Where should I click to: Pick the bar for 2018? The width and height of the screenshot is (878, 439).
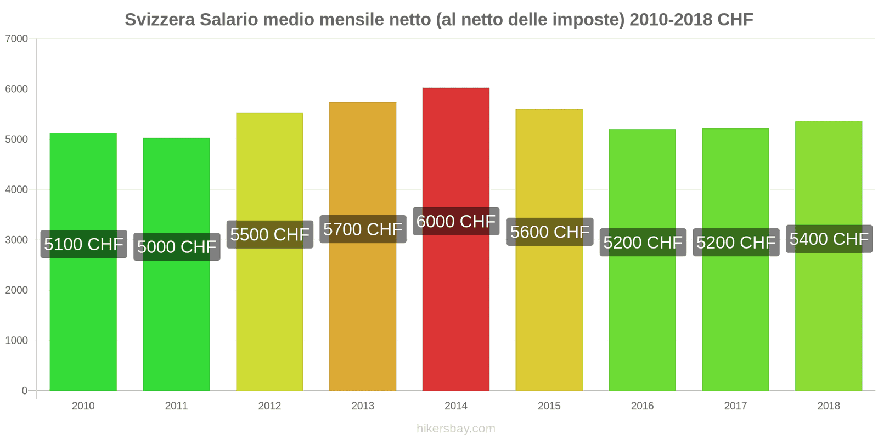pyautogui.click(x=829, y=318)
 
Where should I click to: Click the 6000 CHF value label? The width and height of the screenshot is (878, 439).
pyautogui.click(x=456, y=222)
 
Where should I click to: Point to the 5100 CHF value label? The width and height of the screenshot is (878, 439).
pyautogui.click(x=83, y=244)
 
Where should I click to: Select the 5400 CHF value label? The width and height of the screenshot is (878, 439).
pyautogui.click(x=829, y=239)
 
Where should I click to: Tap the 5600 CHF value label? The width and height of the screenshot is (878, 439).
pyautogui.click(x=549, y=232)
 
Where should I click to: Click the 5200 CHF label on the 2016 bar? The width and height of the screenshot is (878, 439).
pyautogui.click(x=643, y=243)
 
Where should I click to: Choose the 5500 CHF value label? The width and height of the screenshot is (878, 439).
pyautogui.click(x=269, y=235)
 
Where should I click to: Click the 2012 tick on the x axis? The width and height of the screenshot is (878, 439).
pyautogui.click(x=269, y=406)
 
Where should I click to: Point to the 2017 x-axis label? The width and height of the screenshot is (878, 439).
pyautogui.click(x=735, y=406)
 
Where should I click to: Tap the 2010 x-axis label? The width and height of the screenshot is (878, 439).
pyautogui.click(x=83, y=406)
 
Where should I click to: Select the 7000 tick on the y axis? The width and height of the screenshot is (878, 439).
pyautogui.click(x=16, y=39)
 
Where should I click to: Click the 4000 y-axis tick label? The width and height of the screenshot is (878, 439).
pyautogui.click(x=16, y=190)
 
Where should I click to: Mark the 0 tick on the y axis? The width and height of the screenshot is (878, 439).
pyautogui.click(x=24, y=391)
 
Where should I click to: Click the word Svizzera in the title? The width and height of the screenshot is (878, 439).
pyautogui.click(x=160, y=20)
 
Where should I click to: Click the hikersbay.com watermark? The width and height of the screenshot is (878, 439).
pyautogui.click(x=455, y=429)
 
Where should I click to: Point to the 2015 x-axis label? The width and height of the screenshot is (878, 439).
pyautogui.click(x=549, y=406)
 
